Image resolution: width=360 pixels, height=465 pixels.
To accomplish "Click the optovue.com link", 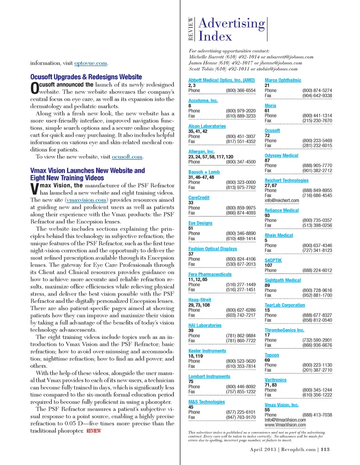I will [91, 63].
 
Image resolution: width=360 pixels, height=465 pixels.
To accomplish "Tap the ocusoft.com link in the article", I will [127, 157].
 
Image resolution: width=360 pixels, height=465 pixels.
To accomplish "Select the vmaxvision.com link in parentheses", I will [86, 200].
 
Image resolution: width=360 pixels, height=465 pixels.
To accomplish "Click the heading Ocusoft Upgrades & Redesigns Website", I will [86, 77].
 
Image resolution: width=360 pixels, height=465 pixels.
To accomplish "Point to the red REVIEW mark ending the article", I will [94, 431].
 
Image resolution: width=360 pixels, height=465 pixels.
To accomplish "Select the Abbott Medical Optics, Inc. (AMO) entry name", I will [221, 80].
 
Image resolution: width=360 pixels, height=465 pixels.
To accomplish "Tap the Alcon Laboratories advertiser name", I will [207, 126].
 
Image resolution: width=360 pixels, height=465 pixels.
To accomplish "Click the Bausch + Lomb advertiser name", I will [204, 172].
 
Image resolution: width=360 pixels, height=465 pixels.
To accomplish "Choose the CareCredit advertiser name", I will [199, 198].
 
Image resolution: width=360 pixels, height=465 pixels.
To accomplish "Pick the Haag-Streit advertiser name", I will [199, 300].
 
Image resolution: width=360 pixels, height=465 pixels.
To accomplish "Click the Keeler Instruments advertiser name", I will [207, 351].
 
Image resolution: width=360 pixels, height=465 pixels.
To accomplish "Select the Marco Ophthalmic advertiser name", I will [283, 80].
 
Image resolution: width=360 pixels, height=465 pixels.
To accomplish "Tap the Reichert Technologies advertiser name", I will [286, 180].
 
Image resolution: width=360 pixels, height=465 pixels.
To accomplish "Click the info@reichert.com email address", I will [282, 201].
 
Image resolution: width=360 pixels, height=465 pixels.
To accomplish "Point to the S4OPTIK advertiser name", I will [273, 260].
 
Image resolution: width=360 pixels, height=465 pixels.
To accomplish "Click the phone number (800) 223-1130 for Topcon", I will [317, 365].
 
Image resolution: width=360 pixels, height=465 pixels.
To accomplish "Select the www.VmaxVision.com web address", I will [285, 425].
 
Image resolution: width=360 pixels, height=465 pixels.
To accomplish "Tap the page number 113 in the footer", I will [325, 449].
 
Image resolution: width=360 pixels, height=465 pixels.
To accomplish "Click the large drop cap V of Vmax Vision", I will [34, 189].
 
